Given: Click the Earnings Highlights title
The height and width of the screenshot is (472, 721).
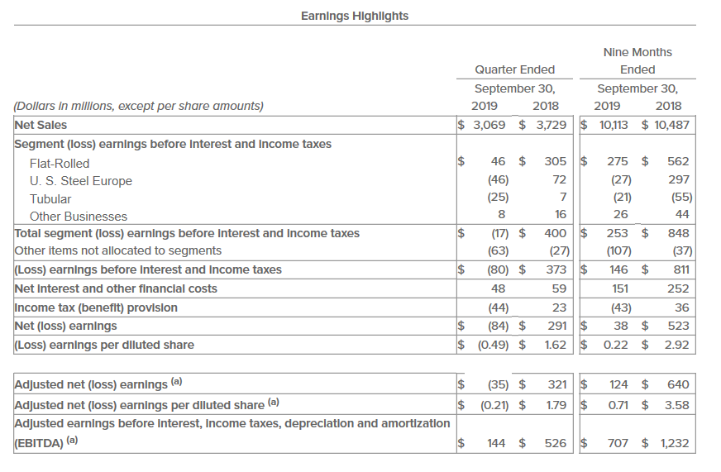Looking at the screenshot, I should [x=355, y=16].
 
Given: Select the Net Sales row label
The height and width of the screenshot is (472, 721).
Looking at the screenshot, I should [x=41, y=125].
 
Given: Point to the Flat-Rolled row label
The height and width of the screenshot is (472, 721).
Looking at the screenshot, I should [x=60, y=163].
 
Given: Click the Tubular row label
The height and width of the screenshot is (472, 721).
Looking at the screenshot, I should [x=50, y=198].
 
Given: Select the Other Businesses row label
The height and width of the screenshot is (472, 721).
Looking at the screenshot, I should [x=79, y=217].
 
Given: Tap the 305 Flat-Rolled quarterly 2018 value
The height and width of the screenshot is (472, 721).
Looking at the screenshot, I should [x=554, y=163].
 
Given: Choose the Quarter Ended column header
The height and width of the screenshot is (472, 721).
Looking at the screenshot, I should [x=515, y=69].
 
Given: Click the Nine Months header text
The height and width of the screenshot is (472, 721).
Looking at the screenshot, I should [x=637, y=52].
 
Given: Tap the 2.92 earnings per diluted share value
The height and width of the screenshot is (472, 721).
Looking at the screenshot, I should [x=676, y=344].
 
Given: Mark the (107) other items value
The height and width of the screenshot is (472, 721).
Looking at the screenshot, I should [x=618, y=250].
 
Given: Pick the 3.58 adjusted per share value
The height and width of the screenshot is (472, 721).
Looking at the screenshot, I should [x=676, y=405].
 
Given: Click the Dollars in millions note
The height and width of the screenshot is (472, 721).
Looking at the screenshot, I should [x=139, y=106].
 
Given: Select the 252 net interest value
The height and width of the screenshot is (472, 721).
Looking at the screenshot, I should [x=678, y=288].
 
